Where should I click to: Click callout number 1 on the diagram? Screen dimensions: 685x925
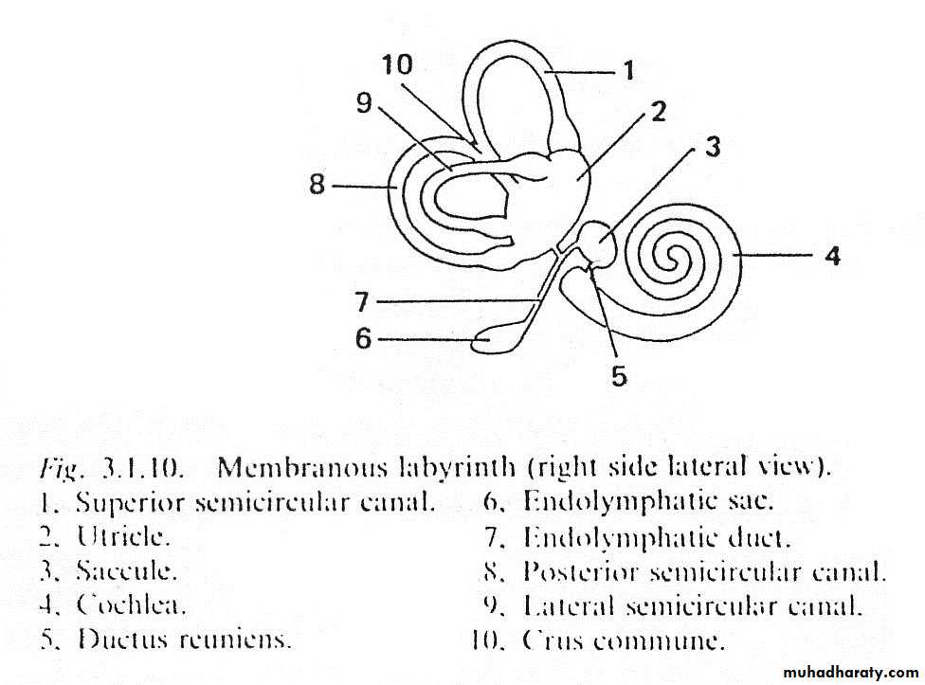click(x=626, y=69)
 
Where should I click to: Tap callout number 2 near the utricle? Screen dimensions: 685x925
click(x=658, y=113)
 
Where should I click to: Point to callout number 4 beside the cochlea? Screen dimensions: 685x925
click(x=831, y=255)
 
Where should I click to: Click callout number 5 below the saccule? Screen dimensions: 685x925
click(x=618, y=376)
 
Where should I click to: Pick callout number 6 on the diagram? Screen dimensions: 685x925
click(x=364, y=338)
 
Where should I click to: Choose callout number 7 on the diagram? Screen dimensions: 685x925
click(x=361, y=302)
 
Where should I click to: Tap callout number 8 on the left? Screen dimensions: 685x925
click(x=317, y=185)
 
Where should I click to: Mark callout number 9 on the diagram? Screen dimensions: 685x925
click(x=364, y=102)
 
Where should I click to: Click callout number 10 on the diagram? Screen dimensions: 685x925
click(x=398, y=64)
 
